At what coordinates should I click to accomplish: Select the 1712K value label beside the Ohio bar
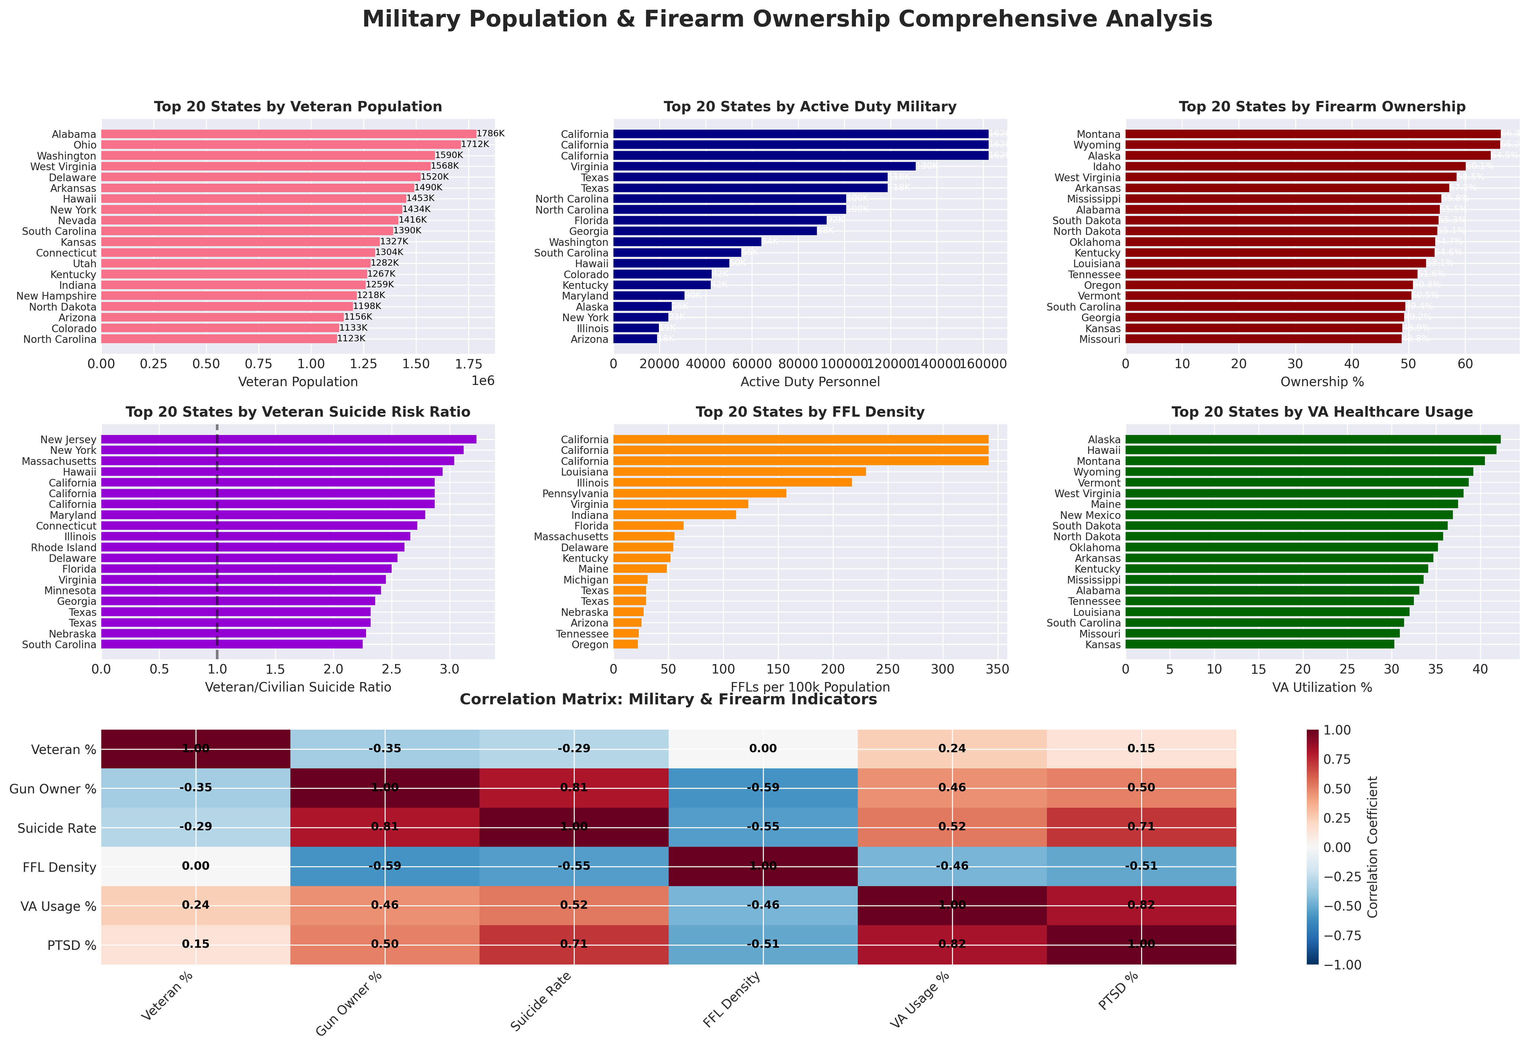[475, 144]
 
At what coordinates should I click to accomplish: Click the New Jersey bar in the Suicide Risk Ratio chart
[288, 440]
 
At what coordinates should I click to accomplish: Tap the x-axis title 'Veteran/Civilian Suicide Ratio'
[298, 687]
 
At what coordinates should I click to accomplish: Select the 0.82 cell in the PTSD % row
[952, 944]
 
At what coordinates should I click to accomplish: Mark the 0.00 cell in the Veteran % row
[763, 749]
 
